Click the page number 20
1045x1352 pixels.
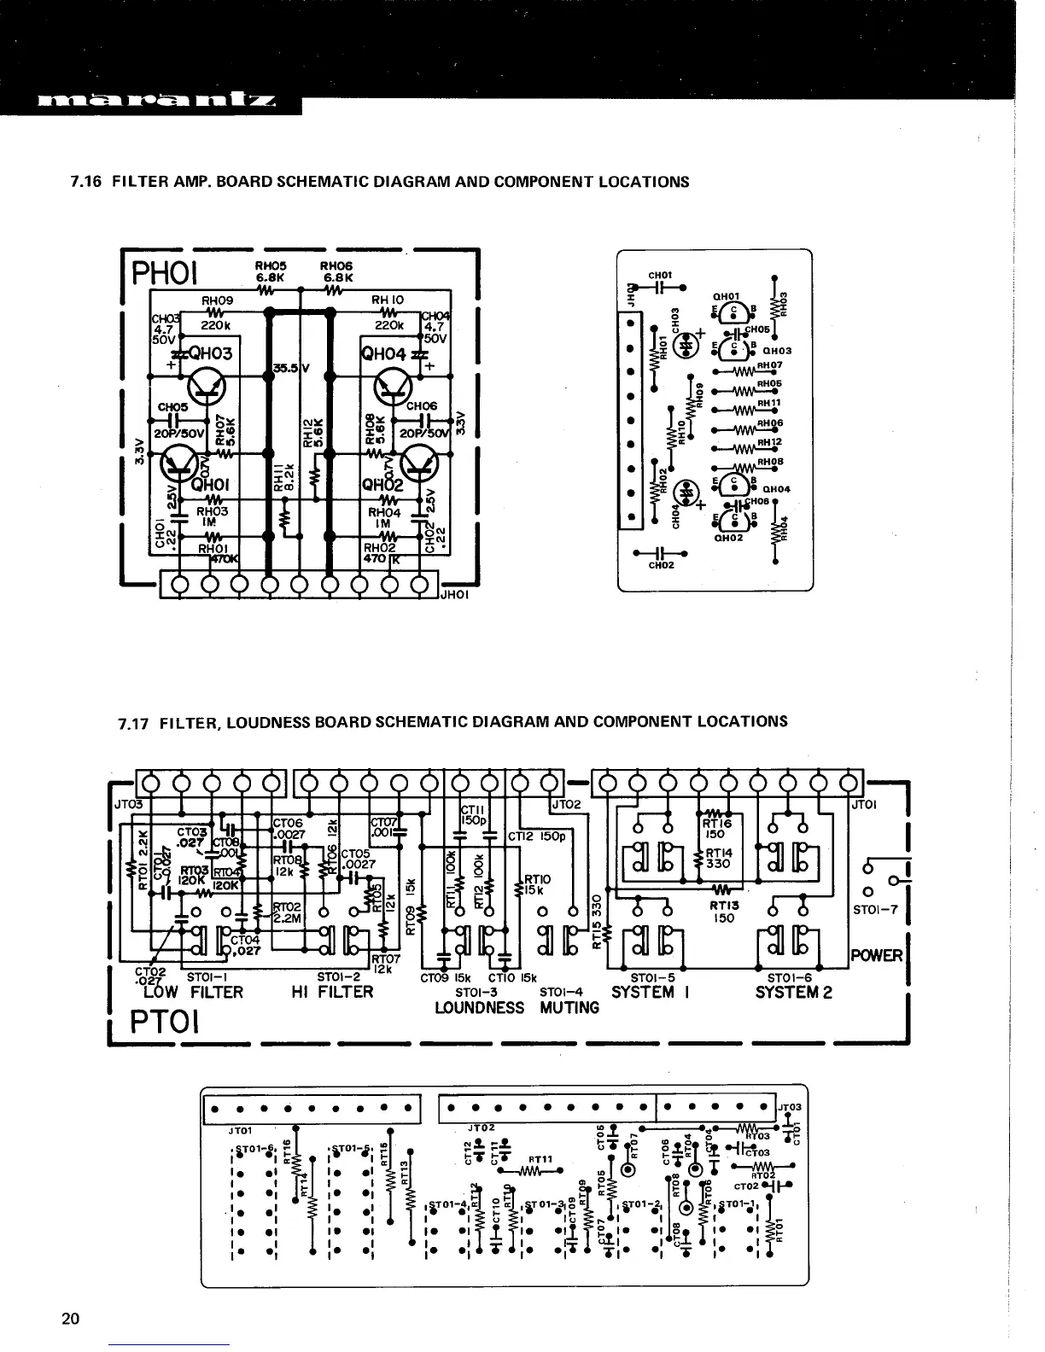[x=71, y=1319]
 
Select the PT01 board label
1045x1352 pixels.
[x=166, y=1022]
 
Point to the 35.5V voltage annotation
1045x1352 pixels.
[x=290, y=369]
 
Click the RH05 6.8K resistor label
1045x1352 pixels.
[x=270, y=271]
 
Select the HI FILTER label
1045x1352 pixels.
[x=333, y=992]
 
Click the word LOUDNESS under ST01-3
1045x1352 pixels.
[x=479, y=1008]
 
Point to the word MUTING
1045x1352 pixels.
[x=569, y=1008]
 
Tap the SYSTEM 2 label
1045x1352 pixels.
[x=793, y=992]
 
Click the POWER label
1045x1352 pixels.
[x=876, y=955]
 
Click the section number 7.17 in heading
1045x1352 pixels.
[x=135, y=723]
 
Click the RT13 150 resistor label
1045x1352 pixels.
[x=724, y=912]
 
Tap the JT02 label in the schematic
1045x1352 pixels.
[x=566, y=805]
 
